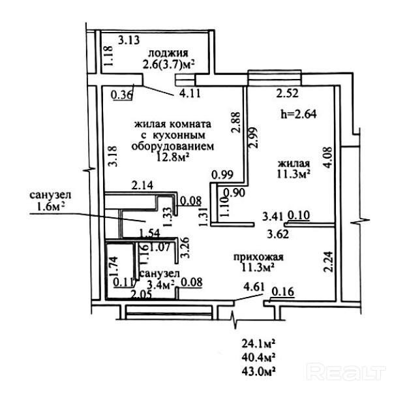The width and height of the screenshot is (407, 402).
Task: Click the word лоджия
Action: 168,53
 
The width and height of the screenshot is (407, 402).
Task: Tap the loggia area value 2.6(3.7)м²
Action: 168,64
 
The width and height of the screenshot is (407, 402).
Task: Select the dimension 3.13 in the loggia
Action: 129,40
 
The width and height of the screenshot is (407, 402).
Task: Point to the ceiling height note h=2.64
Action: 299,114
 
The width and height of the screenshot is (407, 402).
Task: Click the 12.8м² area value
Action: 172,157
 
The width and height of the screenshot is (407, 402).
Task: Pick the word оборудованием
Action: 173,146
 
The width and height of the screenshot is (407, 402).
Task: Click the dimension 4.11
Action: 190,93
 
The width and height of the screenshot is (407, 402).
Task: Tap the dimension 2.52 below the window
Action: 288,93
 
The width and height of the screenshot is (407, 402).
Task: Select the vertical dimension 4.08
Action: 327,157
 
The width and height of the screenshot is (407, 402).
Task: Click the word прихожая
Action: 258,257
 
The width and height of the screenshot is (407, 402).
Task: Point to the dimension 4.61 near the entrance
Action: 254,287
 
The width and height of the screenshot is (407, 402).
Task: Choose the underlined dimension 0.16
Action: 282,292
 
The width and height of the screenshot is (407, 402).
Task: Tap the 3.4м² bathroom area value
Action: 160,285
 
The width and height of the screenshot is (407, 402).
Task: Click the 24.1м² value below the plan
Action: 258,344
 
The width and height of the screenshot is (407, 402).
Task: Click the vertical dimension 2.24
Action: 328,262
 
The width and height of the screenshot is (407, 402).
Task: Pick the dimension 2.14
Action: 142,185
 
